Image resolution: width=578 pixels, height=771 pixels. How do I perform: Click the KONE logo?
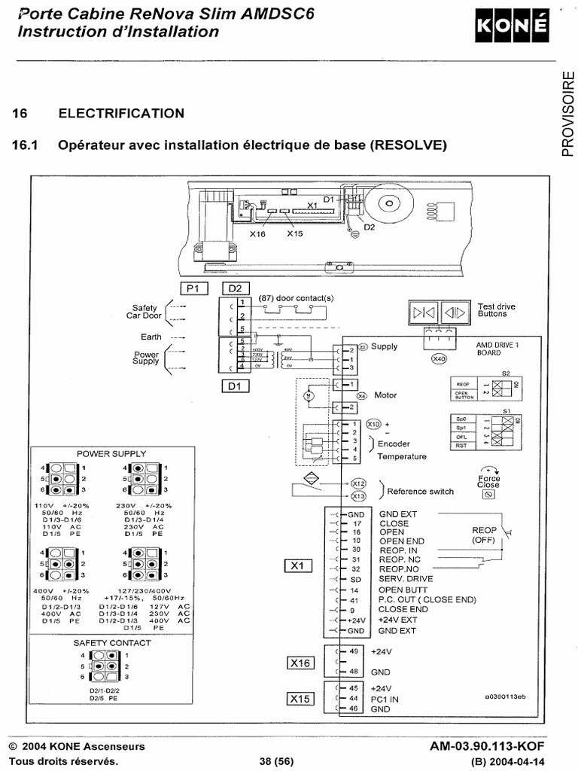tap(510, 29)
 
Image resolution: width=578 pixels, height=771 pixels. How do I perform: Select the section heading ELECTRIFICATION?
tap(121, 114)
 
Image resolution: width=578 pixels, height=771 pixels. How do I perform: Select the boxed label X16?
tap(300, 663)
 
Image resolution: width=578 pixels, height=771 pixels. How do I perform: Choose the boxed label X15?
tap(300, 699)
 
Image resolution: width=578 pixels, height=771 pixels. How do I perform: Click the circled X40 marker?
tap(439, 358)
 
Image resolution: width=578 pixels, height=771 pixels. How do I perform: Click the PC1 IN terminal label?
tap(385, 699)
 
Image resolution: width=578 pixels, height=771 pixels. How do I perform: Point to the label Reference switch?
tap(420, 491)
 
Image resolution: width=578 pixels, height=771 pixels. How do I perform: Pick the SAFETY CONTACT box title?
tap(112, 643)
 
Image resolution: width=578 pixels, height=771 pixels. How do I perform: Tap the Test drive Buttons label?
tap(497, 310)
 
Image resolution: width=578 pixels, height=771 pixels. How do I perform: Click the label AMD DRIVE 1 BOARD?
tap(499, 349)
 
